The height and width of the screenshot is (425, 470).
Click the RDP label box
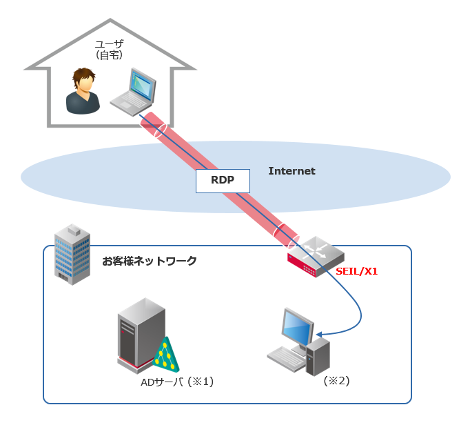pos(223,180)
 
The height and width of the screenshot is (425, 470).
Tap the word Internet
pos(292,171)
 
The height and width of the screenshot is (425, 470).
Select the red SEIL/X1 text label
pos(356,271)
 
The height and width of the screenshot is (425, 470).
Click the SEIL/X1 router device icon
pos(315,255)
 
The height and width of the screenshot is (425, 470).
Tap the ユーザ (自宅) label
pos(110,49)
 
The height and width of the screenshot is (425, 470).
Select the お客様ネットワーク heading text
pos(150,261)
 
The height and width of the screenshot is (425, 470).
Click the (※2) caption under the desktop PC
pos(337,380)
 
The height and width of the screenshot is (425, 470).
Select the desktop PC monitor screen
pos(298,327)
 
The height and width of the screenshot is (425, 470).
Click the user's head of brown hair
pos(83,75)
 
